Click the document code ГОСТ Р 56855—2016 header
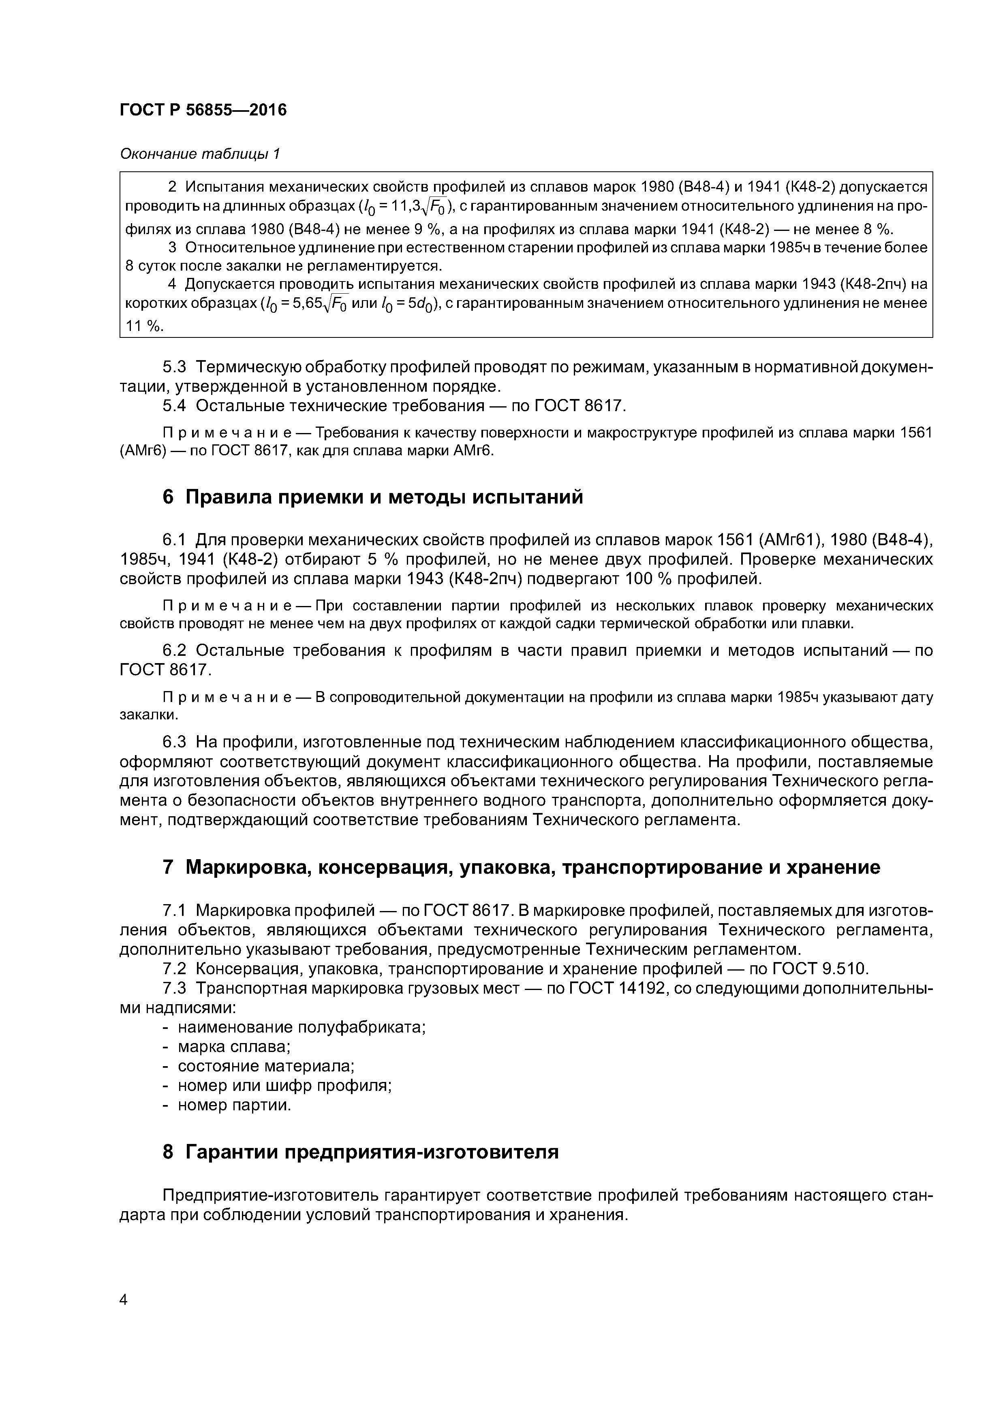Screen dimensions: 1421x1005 [x=203, y=110]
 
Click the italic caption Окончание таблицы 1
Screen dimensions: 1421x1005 [x=200, y=154]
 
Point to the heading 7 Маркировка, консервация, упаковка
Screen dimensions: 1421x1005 [x=521, y=867]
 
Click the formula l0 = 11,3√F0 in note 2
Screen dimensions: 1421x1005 [x=409, y=207]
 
